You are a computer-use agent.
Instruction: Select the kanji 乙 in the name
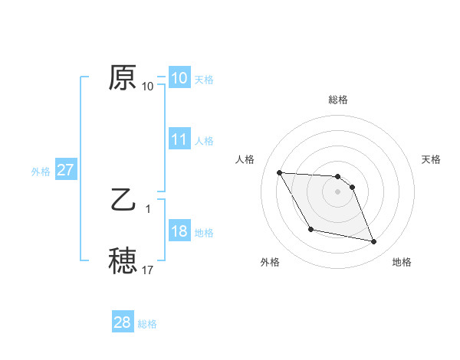(123, 201)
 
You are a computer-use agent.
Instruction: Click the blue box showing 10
(179, 78)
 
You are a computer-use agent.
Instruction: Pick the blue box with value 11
(179, 139)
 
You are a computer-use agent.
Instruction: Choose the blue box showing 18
(179, 231)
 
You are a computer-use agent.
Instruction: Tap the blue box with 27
(66, 170)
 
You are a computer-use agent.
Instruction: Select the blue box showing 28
(123, 322)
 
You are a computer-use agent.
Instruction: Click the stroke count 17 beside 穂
(148, 270)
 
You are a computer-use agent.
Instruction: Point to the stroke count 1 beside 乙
(148, 208)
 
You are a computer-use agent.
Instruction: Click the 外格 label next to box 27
(41, 172)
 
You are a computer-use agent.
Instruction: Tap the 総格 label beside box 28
(147, 324)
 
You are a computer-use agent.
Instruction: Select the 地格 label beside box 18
(204, 233)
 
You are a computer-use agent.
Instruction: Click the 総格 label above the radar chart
(338, 100)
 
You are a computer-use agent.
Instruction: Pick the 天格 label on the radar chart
(432, 159)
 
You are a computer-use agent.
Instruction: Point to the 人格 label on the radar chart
(245, 159)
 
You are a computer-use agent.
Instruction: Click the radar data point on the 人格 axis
(280, 172)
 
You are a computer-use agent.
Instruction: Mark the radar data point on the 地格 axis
(374, 242)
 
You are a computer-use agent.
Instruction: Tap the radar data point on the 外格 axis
(310, 229)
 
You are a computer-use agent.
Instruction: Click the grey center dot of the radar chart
(338, 191)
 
